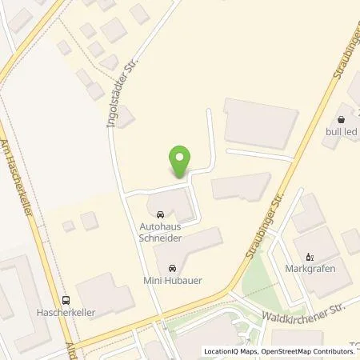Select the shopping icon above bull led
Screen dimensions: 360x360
346,116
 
